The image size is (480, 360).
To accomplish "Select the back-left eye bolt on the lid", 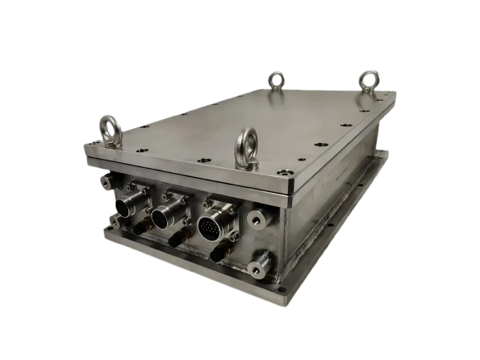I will [275, 80].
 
